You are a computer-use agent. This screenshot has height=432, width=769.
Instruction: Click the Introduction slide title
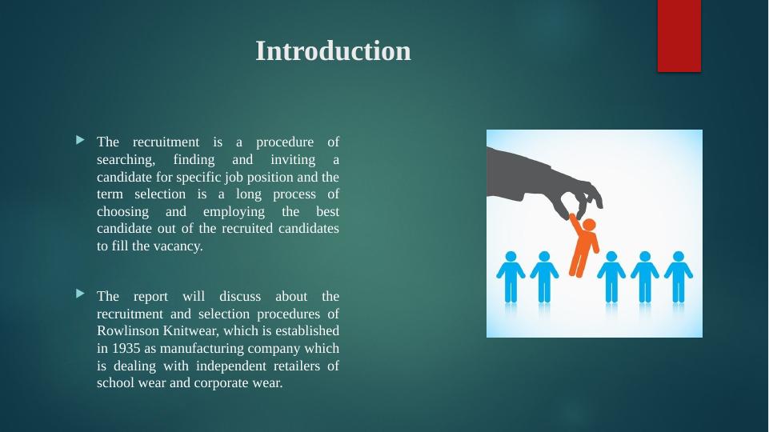click(333, 51)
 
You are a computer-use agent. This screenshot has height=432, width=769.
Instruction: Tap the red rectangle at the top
click(679, 36)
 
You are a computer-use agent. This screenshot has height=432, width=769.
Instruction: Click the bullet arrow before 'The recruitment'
click(81, 141)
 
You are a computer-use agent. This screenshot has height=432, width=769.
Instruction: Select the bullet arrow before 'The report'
click(81, 294)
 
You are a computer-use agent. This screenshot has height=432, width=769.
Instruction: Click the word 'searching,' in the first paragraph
click(126, 160)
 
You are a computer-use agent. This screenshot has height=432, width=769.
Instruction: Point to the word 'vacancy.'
click(178, 246)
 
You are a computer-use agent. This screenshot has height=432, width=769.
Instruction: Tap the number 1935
click(126, 348)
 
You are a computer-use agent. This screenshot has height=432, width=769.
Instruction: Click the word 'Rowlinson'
click(128, 331)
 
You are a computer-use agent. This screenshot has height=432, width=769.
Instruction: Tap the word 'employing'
click(234, 212)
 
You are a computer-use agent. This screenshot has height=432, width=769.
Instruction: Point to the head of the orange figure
click(589, 225)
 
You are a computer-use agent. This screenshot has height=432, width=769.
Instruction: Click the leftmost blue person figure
click(511, 277)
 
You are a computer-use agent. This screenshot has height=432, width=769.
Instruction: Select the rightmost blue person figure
click(679, 277)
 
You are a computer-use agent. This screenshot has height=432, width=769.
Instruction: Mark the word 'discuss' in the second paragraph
click(240, 297)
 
